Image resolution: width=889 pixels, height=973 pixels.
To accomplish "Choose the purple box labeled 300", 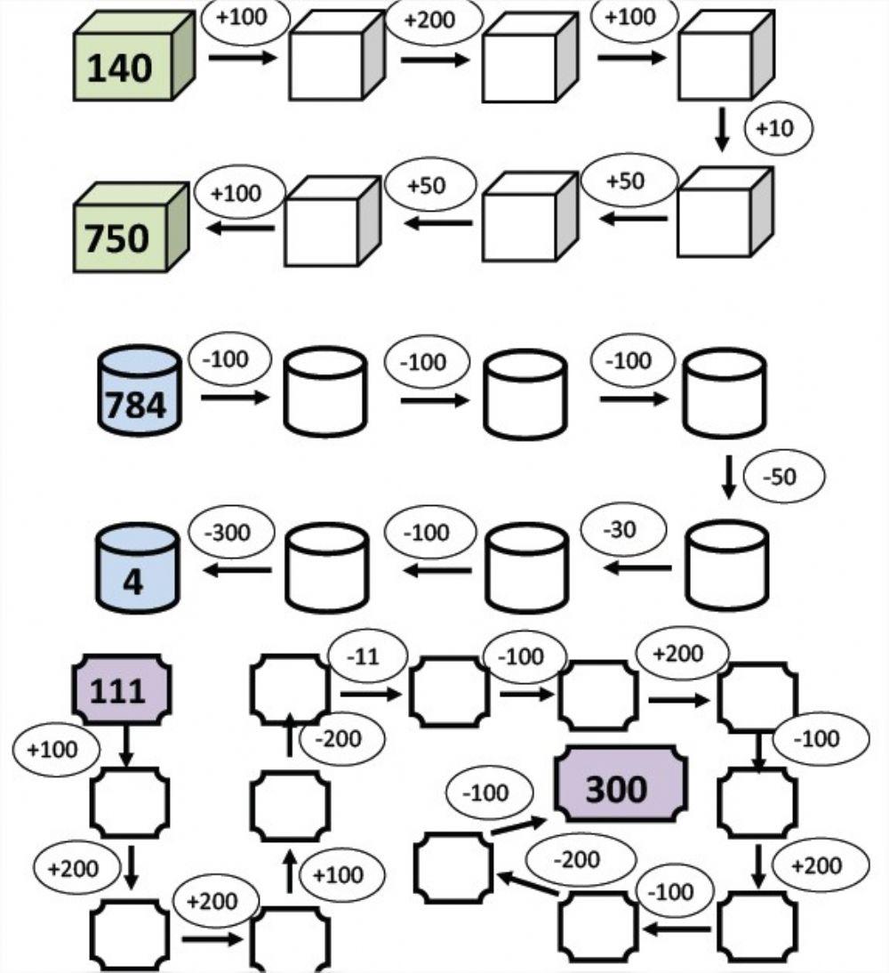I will [x=621, y=784].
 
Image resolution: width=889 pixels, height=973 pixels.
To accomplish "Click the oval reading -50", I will [x=782, y=478].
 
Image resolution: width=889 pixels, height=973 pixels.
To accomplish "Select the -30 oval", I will [x=622, y=531].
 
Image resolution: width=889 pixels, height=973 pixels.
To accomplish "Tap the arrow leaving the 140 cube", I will [x=242, y=58].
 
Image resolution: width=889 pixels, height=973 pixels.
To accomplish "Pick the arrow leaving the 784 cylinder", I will [x=234, y=398].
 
